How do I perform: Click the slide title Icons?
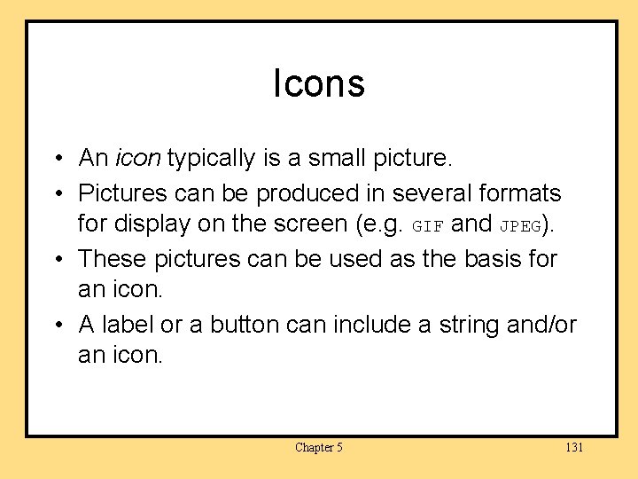click(319, 84)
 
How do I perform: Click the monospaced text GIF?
click(427, 227)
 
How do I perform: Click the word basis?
click(486, 259)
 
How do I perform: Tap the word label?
click(128, 326)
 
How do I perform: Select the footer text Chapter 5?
click(319, 448)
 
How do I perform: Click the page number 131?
click(574, 448)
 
